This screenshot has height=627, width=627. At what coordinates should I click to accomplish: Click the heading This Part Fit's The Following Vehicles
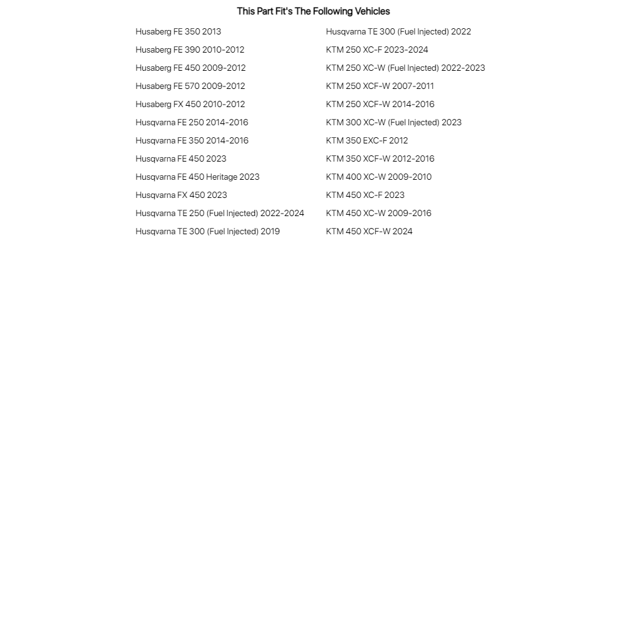point(313,11)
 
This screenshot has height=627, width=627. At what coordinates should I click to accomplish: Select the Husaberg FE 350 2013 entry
point(178,31)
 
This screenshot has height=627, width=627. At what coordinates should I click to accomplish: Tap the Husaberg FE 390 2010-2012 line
point(190,49)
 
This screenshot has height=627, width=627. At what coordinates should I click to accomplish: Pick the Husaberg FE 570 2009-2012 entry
point(190,86)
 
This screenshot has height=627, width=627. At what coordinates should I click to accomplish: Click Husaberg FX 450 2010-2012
point(190,104)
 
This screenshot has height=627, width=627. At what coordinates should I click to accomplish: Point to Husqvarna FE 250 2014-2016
point(192,122)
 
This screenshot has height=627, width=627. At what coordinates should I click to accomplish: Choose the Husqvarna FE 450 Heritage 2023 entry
point(197,177)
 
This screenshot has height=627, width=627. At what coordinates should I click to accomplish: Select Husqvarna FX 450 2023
point(181,195)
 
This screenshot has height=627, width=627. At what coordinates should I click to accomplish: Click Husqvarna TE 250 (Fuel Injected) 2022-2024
point(219,213)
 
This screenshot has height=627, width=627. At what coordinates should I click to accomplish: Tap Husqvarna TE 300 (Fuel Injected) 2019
point(207,231)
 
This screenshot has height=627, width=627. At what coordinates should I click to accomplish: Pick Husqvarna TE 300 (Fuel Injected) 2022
point(398,31)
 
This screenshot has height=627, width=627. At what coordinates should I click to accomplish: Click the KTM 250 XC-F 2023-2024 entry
point(377,49)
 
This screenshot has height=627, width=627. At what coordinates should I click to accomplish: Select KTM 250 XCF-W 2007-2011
point(380,86)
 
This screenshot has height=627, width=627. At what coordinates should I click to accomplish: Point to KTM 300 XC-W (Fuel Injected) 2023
point(393,122)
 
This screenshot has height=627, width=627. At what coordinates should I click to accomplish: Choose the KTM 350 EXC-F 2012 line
point(366,140)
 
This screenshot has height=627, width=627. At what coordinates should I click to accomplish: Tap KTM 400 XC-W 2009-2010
point(378,177)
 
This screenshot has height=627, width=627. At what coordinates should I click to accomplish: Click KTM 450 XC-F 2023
point(365,195)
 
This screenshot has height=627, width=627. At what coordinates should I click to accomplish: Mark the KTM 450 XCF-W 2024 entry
point(369,231)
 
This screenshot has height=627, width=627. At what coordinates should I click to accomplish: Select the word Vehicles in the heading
point(372,11)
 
